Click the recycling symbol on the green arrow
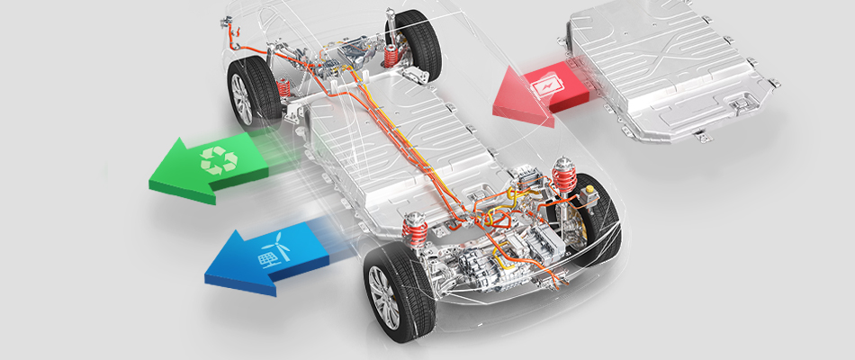click(219, 160)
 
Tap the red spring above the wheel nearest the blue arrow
click(415, 229)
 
